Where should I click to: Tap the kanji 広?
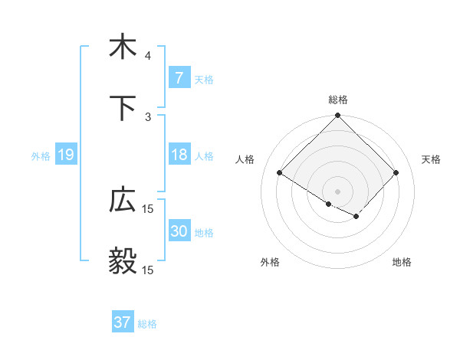coord(123,200)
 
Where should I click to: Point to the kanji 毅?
coord(123,261)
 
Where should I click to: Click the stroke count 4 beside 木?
coord(148,56)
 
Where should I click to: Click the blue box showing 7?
coord(179,77)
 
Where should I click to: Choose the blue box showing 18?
coord(179,155)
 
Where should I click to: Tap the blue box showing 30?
coord(179,231)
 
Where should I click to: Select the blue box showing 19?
coord(66,155)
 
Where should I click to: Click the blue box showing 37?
coord(123,322)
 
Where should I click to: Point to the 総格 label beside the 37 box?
coord(147,324)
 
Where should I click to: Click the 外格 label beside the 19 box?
coord(41,156)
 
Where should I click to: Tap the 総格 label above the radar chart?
coord(338,100)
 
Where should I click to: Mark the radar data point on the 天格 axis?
coord(396,173)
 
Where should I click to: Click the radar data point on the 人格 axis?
coord(280,173)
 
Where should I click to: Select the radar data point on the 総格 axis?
coord(338,116)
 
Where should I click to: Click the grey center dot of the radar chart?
coord(338,191)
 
